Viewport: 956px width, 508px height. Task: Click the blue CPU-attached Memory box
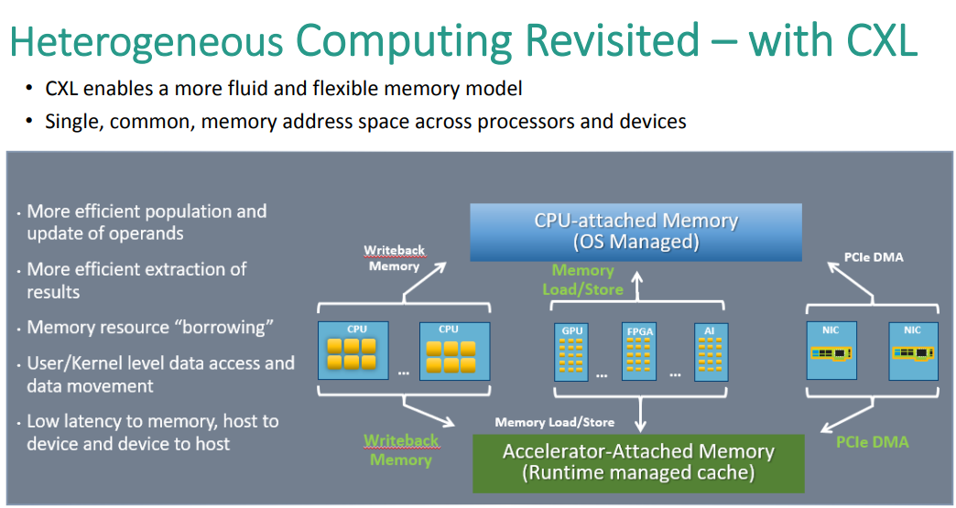[x=636, y=232]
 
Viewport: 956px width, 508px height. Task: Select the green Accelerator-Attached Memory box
[x=638, y=463]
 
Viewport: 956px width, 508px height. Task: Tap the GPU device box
[x=571, y=352]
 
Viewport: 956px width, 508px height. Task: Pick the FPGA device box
[x=639, y=352]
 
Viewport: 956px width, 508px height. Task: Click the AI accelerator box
[x=711, y=352]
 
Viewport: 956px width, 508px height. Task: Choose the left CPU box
[x=353, y=351]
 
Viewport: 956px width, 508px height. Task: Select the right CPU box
[x=454, y=351]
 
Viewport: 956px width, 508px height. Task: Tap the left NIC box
[x=831, y=351]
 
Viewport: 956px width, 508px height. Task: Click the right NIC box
[x=913, y=351]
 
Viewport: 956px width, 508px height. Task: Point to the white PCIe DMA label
[x=874, y=257]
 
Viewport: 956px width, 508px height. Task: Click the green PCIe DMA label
[x=872, y=441]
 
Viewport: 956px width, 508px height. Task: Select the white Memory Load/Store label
[x=554, y=422]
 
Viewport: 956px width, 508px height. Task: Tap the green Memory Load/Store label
[x=582, y=279]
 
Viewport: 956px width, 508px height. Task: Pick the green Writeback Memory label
[x=401, y=449]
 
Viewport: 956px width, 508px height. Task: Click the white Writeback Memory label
[x=394, y=258]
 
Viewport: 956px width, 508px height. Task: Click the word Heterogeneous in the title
[x=147, y=41]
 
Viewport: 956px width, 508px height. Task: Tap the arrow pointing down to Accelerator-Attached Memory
[x=640, y=415]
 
